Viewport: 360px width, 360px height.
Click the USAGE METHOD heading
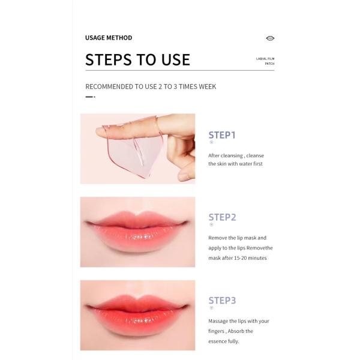click(x=109, y=38)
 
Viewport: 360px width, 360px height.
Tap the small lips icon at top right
click(x=270, y=38)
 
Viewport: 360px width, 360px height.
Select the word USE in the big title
click(x=176, y=59)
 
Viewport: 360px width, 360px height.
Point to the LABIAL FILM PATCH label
click(x=265, y=61)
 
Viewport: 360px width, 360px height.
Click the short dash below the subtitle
click(x=90, y=97)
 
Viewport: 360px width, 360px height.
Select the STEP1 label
click(x=222, y=135)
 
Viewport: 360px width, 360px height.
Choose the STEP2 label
click(x=222, y=217)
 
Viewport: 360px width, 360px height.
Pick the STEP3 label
click(x=222, y=301)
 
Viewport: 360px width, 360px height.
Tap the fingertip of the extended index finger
click(x=99, y=131)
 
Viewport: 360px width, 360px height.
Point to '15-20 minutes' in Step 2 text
click(x=250, y=258)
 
